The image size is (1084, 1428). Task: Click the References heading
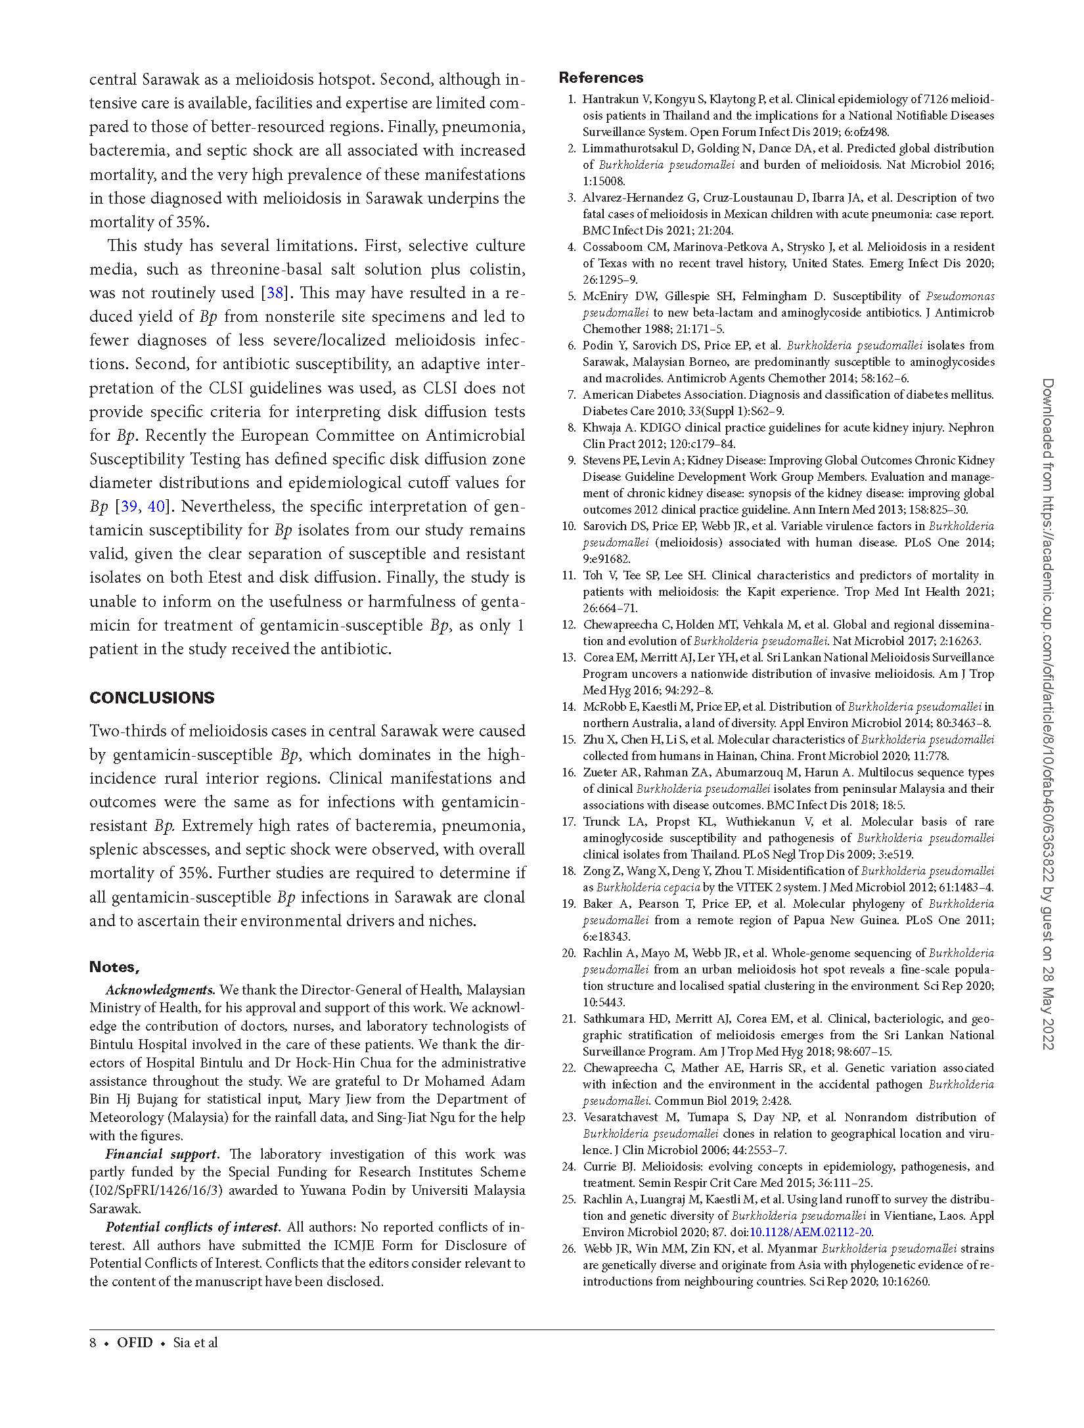click(600, 78)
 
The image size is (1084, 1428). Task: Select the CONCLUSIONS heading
click(152, 698)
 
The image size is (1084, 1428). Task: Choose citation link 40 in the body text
click(156, 506)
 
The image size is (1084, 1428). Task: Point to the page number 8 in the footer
click(93, 1343)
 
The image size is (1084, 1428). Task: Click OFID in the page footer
click(135, 1343)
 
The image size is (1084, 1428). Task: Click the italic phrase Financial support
click(162, 1154)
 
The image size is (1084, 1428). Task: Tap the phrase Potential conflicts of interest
click(193, 1227)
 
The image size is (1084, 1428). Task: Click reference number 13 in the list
click(568, 658)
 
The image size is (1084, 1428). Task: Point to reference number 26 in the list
click(568, 1249)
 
